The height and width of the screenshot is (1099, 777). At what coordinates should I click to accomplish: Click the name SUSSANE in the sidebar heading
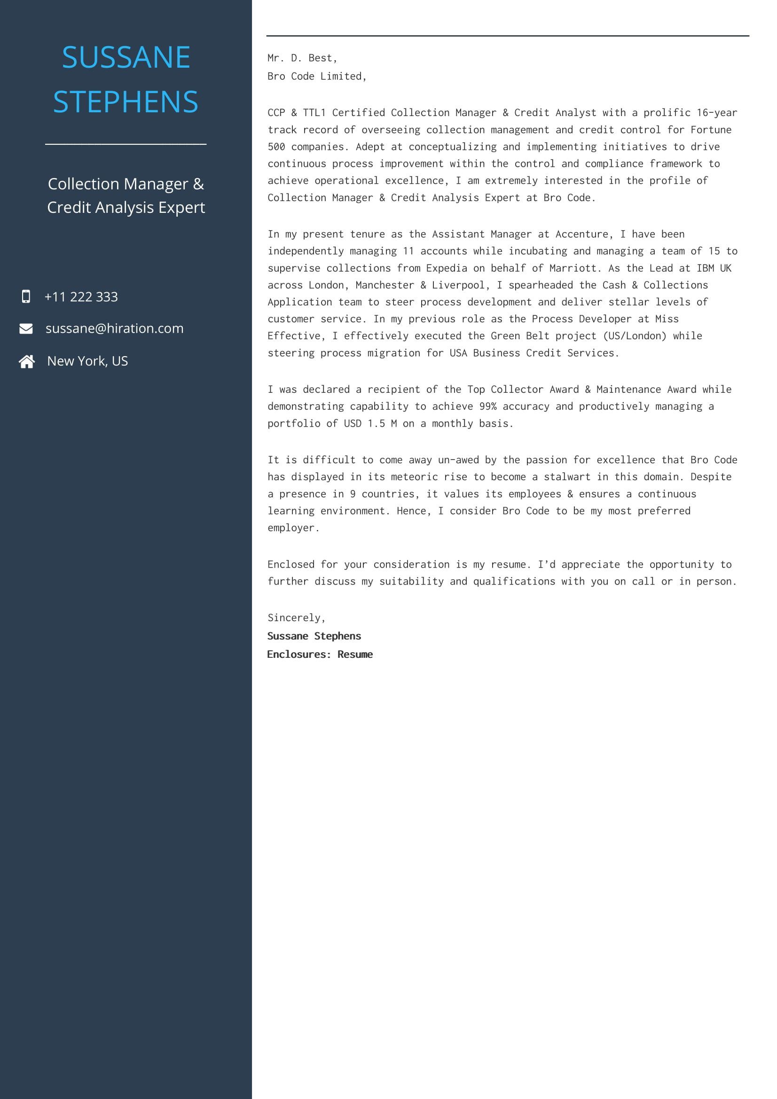point(126,57)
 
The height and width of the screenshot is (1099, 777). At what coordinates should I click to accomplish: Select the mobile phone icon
point(26,296)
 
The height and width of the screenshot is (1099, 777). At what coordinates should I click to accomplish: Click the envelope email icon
point(26,328)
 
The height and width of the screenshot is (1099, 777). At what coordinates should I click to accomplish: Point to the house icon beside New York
point(27,361)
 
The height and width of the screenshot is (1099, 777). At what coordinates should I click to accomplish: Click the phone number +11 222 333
point(81,297)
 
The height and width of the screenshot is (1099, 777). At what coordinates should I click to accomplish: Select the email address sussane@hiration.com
point(114,328)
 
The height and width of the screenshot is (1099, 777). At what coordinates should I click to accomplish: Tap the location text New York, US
point(87,361)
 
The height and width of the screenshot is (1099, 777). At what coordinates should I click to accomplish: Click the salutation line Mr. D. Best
point(302,58)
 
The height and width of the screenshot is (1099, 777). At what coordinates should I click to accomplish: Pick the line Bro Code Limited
point(316,76)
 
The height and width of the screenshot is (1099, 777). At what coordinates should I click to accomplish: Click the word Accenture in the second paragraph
point(581,234)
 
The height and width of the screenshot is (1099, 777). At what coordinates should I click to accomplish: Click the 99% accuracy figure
point(488,406)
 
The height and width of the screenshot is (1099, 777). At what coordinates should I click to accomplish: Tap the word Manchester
point(385,285)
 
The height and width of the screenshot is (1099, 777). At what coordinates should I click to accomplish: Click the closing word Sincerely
point(296,618)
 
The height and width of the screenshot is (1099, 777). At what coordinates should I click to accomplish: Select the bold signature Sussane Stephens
point(314,636)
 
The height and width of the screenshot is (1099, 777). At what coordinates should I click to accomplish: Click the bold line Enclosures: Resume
point(320,655)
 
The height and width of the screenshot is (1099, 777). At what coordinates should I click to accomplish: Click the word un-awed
point(458,460)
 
